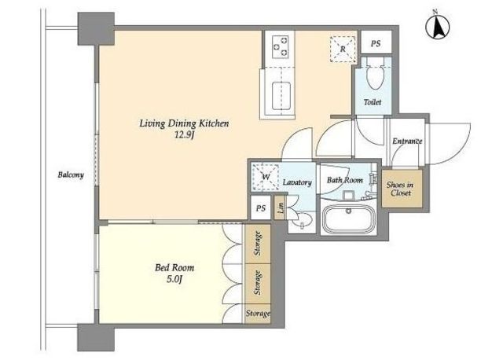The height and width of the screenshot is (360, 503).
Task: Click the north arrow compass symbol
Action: [437, 26]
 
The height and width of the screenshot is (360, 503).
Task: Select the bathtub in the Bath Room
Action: [349, 219]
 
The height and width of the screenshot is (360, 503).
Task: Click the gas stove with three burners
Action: [281, 46]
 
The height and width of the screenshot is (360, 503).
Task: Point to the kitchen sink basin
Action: [281, 96]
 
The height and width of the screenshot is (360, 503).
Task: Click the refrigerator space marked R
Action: [343, 49]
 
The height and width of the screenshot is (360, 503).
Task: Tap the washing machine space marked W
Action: [265, 177]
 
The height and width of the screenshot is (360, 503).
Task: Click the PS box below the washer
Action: [260, 208]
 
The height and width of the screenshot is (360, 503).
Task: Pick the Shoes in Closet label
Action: [399, 189]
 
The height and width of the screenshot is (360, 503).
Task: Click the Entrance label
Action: [407, 141]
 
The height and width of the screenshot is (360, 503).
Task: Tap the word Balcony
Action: [71, 174]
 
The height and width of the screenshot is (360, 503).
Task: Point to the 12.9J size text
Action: [184, 135]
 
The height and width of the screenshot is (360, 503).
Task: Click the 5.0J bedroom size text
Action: [174, 279]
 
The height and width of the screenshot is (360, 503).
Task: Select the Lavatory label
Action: [297, 182]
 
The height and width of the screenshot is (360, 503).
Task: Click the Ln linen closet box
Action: [280, 208]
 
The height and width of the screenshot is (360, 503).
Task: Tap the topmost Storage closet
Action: [258, 244]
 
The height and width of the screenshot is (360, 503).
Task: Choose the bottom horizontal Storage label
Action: [258, 313]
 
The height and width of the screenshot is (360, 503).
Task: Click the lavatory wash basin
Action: [303, 221]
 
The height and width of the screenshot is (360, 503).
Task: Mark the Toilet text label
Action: [373, 102]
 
